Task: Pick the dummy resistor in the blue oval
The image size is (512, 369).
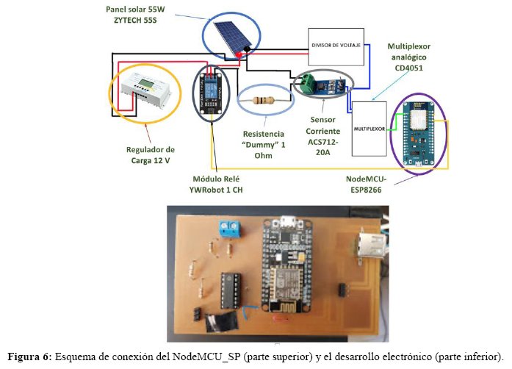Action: pos(267,100)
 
